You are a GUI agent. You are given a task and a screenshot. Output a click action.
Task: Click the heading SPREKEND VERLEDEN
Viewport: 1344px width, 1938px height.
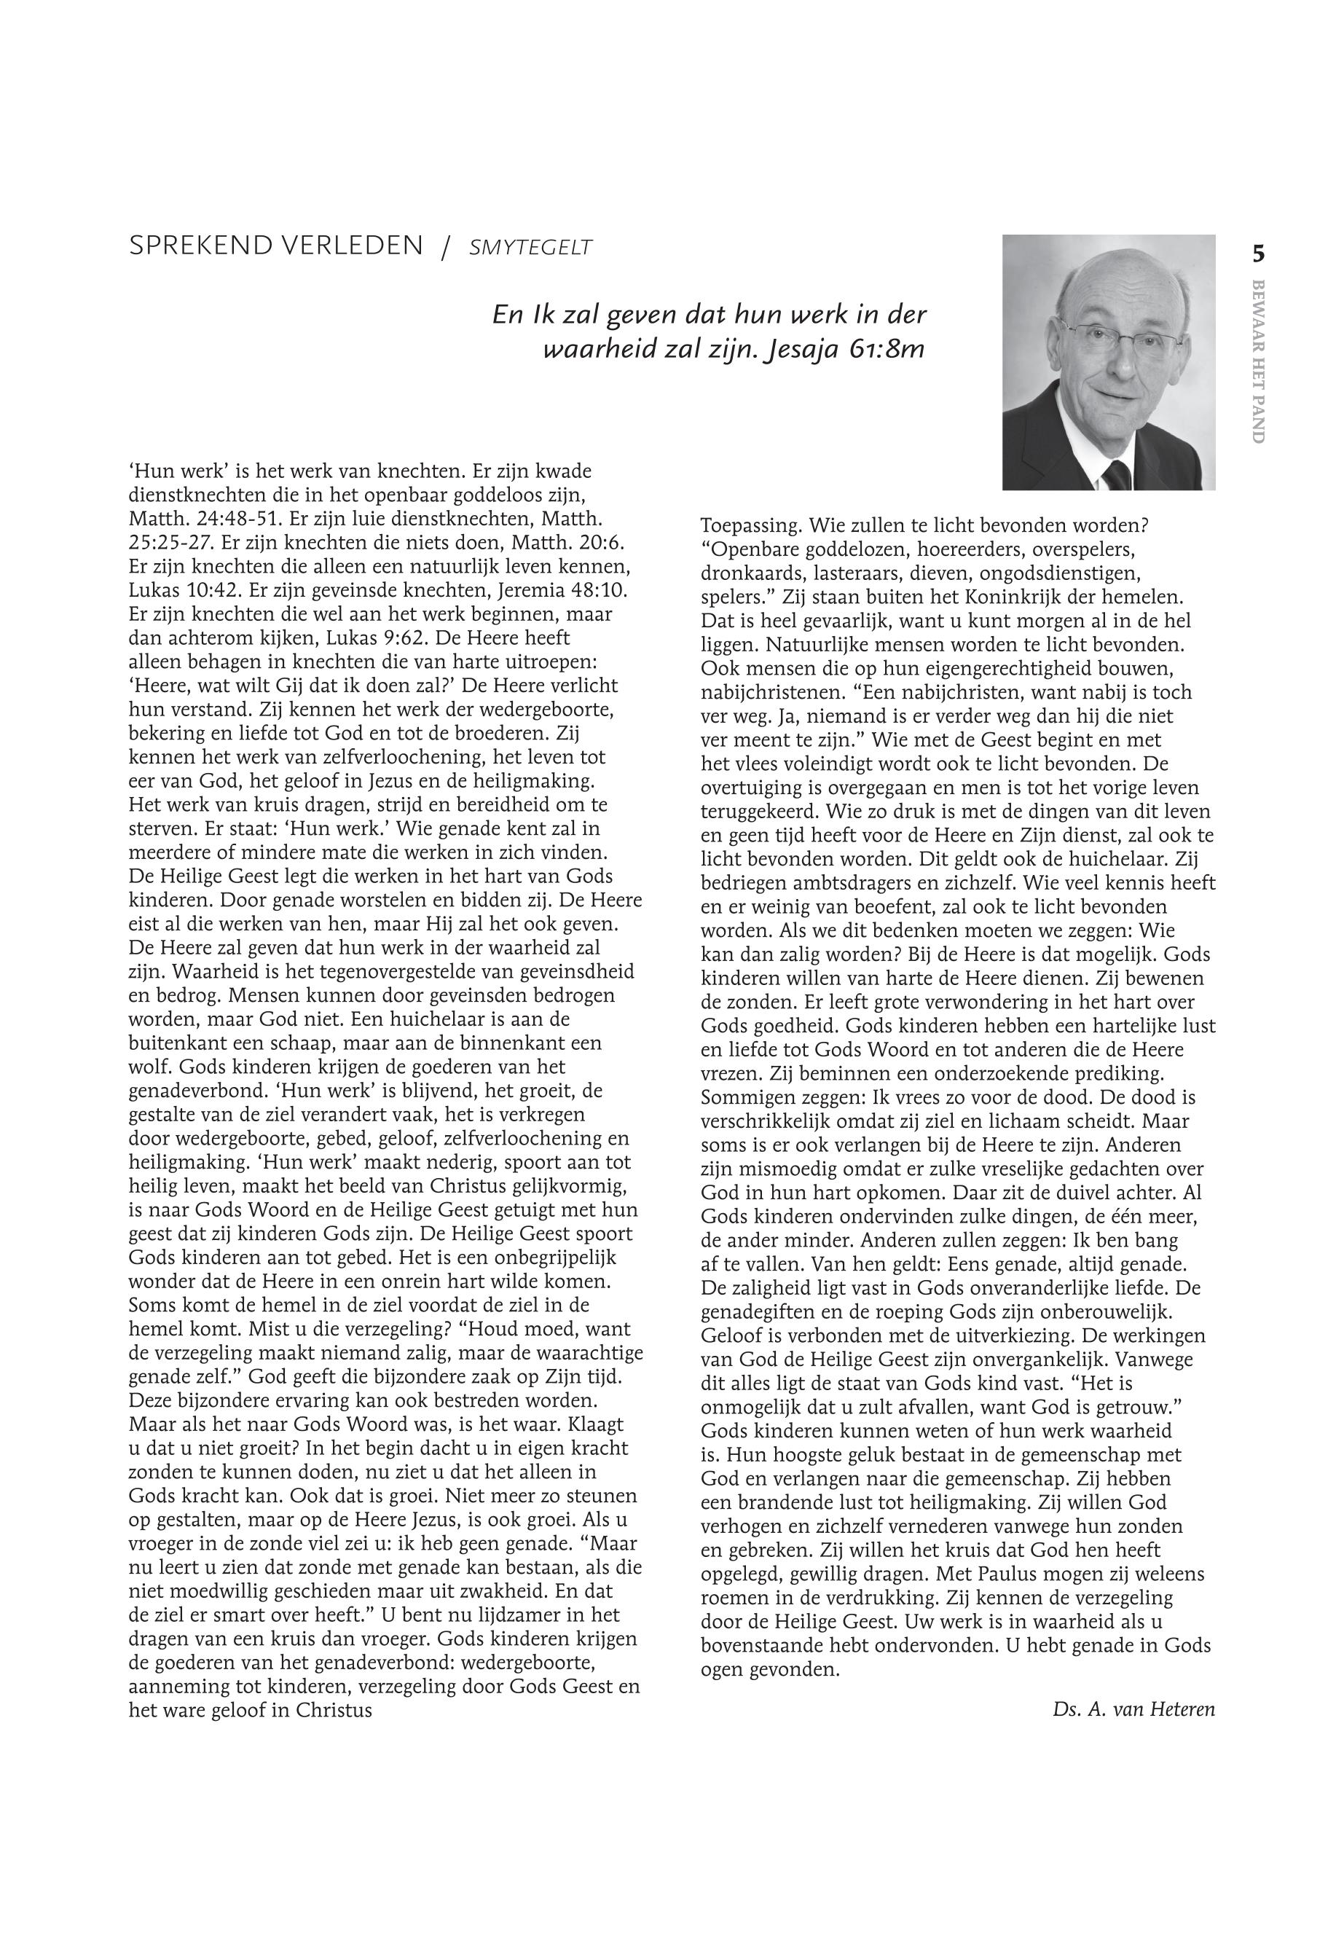(275, 246)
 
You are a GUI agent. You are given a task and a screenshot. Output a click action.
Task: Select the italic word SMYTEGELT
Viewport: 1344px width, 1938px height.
(530, 248)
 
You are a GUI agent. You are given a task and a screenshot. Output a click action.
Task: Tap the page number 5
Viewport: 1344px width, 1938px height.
(1258, 254)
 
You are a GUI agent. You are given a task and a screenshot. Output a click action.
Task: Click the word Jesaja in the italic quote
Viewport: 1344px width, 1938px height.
(801, 350)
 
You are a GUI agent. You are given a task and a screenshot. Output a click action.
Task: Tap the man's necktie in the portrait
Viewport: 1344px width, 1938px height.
(1117, 476)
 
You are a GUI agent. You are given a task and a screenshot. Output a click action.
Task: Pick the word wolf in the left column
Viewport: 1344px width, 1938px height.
(147, 1067)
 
